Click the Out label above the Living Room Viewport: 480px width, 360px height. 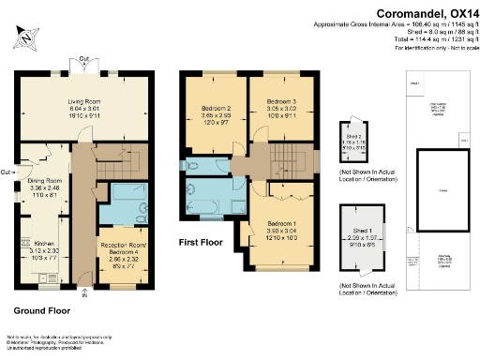pos(83,59)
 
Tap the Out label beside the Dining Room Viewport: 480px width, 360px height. pos(7,172)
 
